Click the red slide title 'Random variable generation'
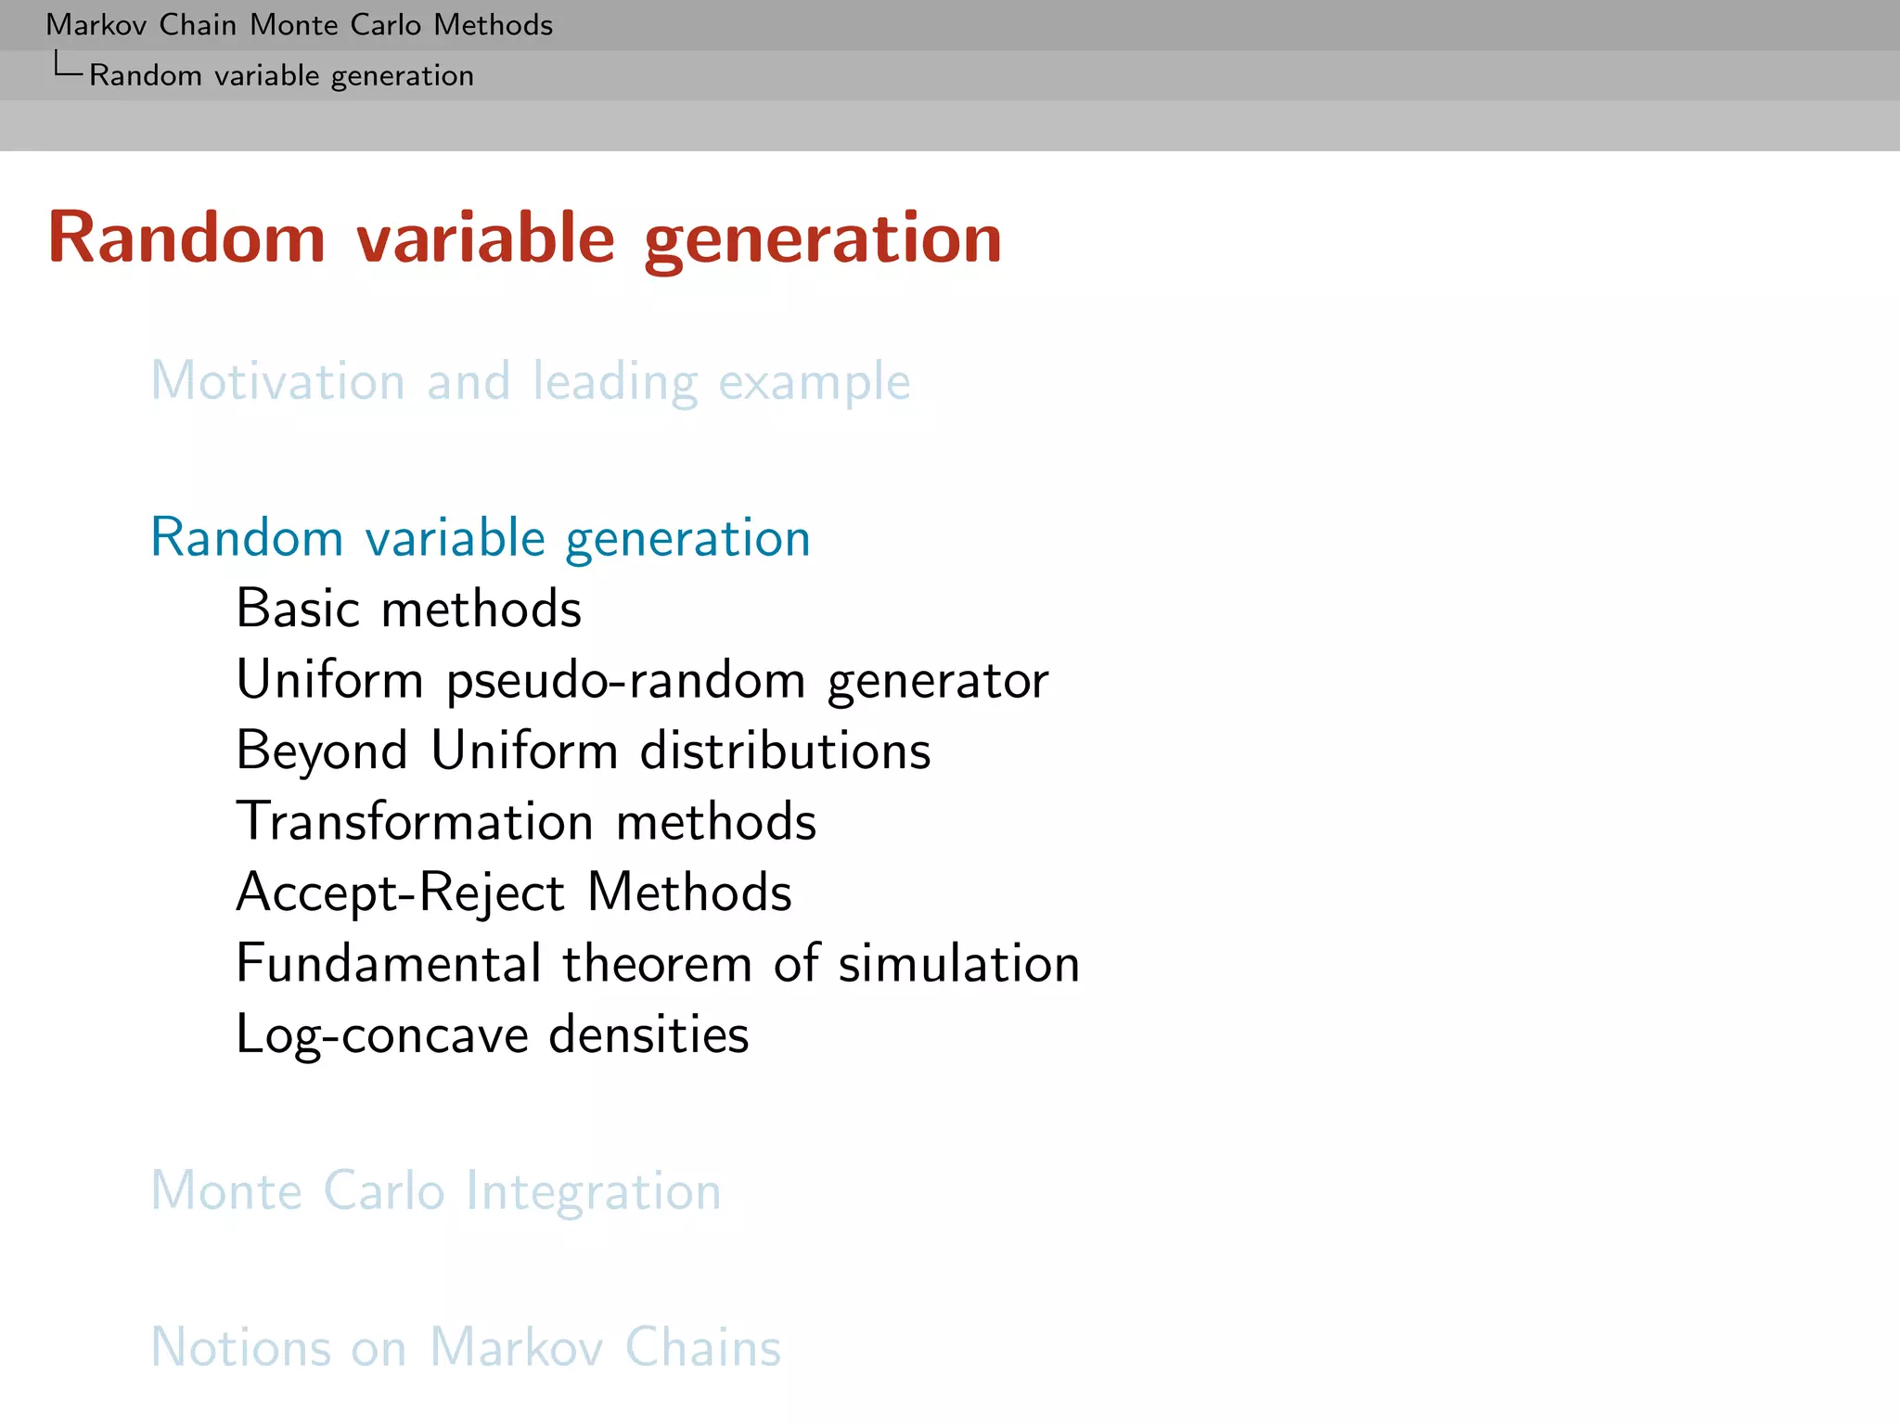(x=525, y=239)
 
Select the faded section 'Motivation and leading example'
(x=531, y=381)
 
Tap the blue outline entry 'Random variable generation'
(x=481, y=538)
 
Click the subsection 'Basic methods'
(x=409, y=610)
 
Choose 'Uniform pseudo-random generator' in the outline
(x=642, y=681)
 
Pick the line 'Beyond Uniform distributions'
(x=584, y=751)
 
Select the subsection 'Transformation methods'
(x=526, y=822)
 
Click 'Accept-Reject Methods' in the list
(x=514, y=892)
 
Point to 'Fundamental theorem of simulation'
(x=658, y=964)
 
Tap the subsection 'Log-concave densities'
(x=493, y=1035)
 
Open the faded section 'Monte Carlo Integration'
(x=436, y=1191)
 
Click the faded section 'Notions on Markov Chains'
(x=466, y=1348)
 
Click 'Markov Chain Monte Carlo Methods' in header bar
(x=299, y=25)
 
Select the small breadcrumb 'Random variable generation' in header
(x=281, y=75)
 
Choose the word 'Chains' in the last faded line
(x=702, y=1348)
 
